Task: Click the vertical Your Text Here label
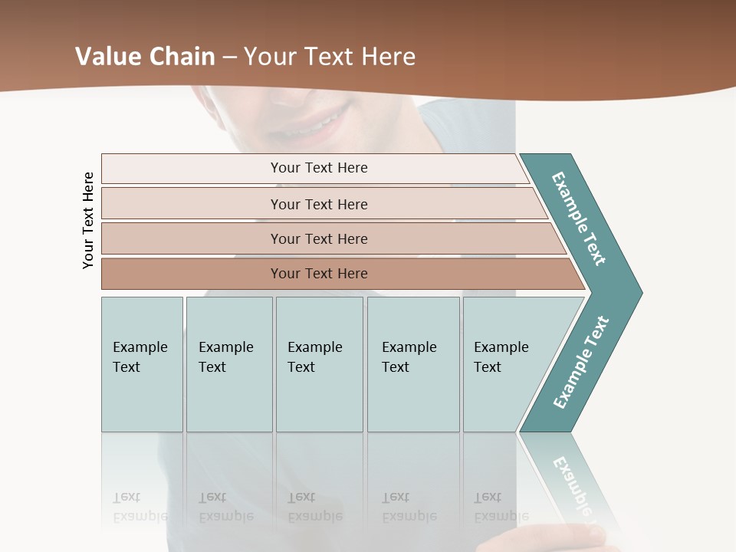click(x=88, y=220)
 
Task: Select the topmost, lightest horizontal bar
click(x=318, y=168)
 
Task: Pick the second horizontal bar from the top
click(x=318, y=204)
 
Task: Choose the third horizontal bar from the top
click(x=318, y=238)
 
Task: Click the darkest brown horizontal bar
click(x=318, y=274)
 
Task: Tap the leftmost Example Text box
click(x=142, y=364)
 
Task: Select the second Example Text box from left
click(x=228, y=364)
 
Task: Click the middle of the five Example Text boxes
click(x=319, y=364)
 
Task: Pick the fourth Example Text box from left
click(x=413, y=364)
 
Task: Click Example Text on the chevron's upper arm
click(x=579, y=219)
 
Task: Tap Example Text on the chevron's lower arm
click(x=580, y=362)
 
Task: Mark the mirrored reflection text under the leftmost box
click(x=140, y=507)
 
